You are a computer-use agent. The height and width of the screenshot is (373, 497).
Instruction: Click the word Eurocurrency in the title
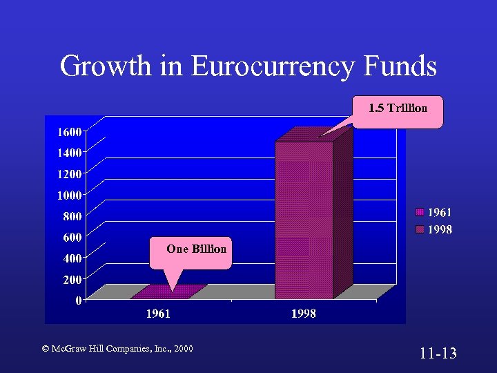(273, 67)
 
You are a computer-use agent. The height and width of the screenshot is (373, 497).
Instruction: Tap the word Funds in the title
(400, 66)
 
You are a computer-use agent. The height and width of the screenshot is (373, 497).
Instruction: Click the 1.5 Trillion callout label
(398, 108)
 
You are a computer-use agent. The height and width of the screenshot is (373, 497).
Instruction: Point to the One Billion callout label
(196, 249)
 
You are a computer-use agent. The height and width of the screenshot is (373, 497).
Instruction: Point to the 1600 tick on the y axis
(68, 131)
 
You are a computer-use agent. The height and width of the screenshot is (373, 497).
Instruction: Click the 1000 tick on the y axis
(68, 195)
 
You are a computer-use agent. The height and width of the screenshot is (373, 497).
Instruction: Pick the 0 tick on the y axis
(80, 300)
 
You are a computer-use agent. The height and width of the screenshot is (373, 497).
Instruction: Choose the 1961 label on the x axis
(158, 314)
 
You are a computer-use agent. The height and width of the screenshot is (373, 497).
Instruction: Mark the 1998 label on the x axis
(304, 314)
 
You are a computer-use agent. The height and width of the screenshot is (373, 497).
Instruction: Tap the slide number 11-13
(438, 354)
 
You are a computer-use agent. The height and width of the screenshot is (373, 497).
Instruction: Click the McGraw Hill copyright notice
(117, 349)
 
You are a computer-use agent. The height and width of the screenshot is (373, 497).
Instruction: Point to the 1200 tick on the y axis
(68, 173)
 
